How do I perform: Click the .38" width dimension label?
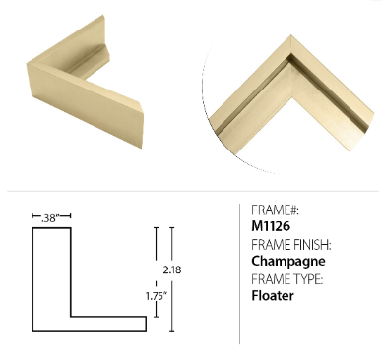click(x=50, y=218)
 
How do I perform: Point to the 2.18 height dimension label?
click(x=172, y=270)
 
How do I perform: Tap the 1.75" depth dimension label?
click(x=157, y=296)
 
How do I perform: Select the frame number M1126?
click(x=271, y=226)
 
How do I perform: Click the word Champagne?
click(x=288, y=261)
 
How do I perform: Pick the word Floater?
click(x=273, y=296)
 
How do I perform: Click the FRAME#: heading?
click(x=275, y=210)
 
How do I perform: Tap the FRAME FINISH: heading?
click(x=291, y=245)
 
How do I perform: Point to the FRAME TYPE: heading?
click(x=287, y=279)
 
